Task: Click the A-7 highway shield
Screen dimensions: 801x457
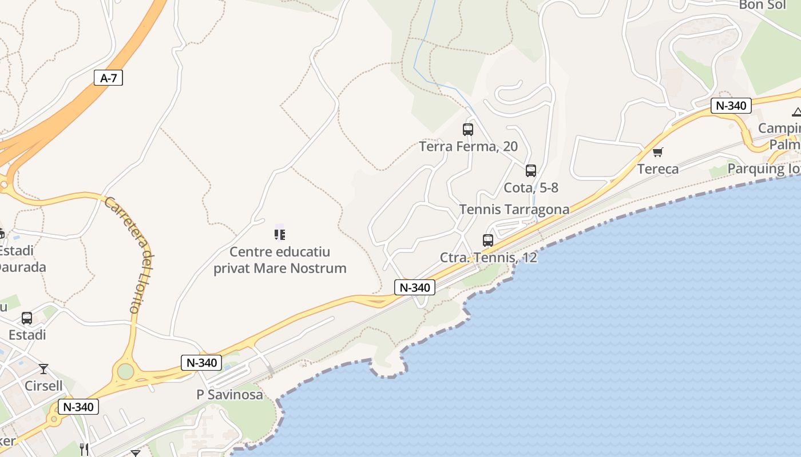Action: [x=108, y=78]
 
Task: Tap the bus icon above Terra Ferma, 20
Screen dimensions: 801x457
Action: [x=468, y=130]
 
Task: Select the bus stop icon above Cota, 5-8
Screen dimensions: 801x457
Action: [x=531, y=170]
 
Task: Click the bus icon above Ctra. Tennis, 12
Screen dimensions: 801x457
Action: [x=488, y=240]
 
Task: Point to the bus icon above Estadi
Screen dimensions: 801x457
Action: [x=27, y=318]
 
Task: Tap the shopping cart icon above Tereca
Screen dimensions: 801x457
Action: [x=658, y=152]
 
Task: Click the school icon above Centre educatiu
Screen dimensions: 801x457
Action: [x=280, y=234]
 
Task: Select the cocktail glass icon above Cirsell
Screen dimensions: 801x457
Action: [x=43, y=369]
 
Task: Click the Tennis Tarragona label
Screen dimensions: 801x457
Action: [x=514, y=210]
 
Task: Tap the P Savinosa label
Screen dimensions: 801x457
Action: [x=229, y=395]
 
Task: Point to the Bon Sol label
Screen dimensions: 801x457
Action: [x=763, y=5]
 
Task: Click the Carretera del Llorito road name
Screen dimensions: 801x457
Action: [x=130, y=254]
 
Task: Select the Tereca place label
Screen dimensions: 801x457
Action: [x=658, y=169]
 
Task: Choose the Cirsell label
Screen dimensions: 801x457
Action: [x=43, y=386]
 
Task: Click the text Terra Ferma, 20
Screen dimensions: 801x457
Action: [x=468, y=147]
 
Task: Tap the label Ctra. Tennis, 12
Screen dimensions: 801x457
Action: [x=488, y=258]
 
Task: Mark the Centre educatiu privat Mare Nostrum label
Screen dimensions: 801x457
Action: [x=280, y=260]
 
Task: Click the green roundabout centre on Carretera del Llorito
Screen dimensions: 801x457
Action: [x=125, y=371]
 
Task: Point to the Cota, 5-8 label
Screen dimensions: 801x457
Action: [x=531, y=187]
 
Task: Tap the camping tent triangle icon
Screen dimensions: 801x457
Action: [x=796, y=111]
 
